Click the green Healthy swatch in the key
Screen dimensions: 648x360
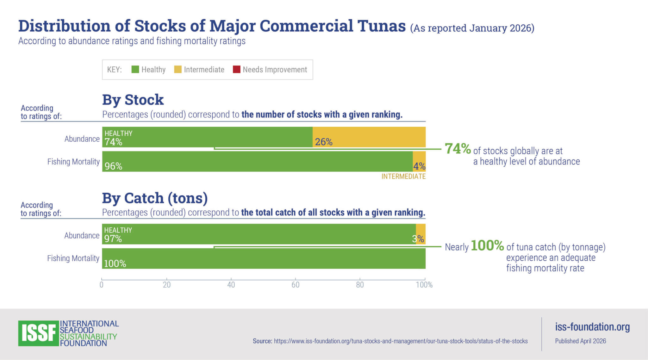click(135, 69)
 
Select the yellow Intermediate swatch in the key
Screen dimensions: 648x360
click(178, 69)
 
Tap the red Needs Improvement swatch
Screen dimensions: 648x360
click(237, 69)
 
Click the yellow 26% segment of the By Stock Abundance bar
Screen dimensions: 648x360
click(369, 137)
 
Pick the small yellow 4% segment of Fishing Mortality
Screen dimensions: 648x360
click(419, 161)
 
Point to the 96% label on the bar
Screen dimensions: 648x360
click(113, 166)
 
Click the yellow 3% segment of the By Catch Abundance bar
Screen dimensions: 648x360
click(421, 234)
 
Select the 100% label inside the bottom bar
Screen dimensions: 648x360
click(115, 264)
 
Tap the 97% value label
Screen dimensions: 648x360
click(113, 239)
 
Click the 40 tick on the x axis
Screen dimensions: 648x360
click(231, 285)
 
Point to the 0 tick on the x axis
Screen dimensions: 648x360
click(102, 285)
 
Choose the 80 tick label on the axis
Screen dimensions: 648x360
click(360, 285)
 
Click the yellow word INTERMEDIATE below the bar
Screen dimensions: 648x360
click(403, 177)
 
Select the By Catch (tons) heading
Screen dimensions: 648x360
click(155, 198)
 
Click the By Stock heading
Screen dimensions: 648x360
click(133, 100)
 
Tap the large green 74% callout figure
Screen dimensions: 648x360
click(458, 149)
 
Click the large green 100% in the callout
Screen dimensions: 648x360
click(487, 245)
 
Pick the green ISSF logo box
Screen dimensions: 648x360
click(39, 333)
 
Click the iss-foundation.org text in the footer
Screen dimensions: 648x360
click(592, 327)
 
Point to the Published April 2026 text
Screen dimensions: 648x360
click(581, 341)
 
